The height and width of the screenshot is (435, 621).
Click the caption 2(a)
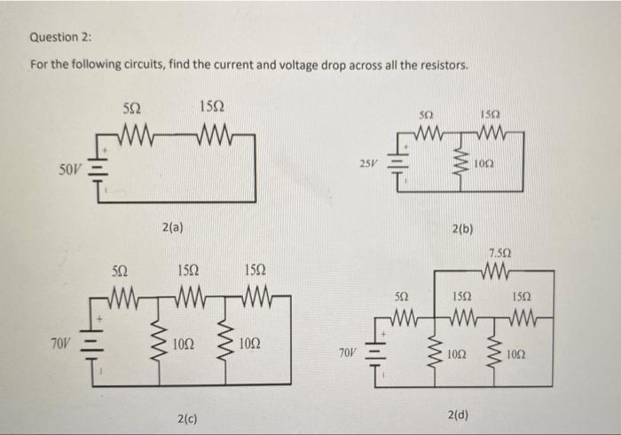173,228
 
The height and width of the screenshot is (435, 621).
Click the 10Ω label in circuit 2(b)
483,165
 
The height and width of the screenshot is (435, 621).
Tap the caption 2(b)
461,228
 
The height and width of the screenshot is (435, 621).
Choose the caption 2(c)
187,415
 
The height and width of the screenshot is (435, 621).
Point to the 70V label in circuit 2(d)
349,353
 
